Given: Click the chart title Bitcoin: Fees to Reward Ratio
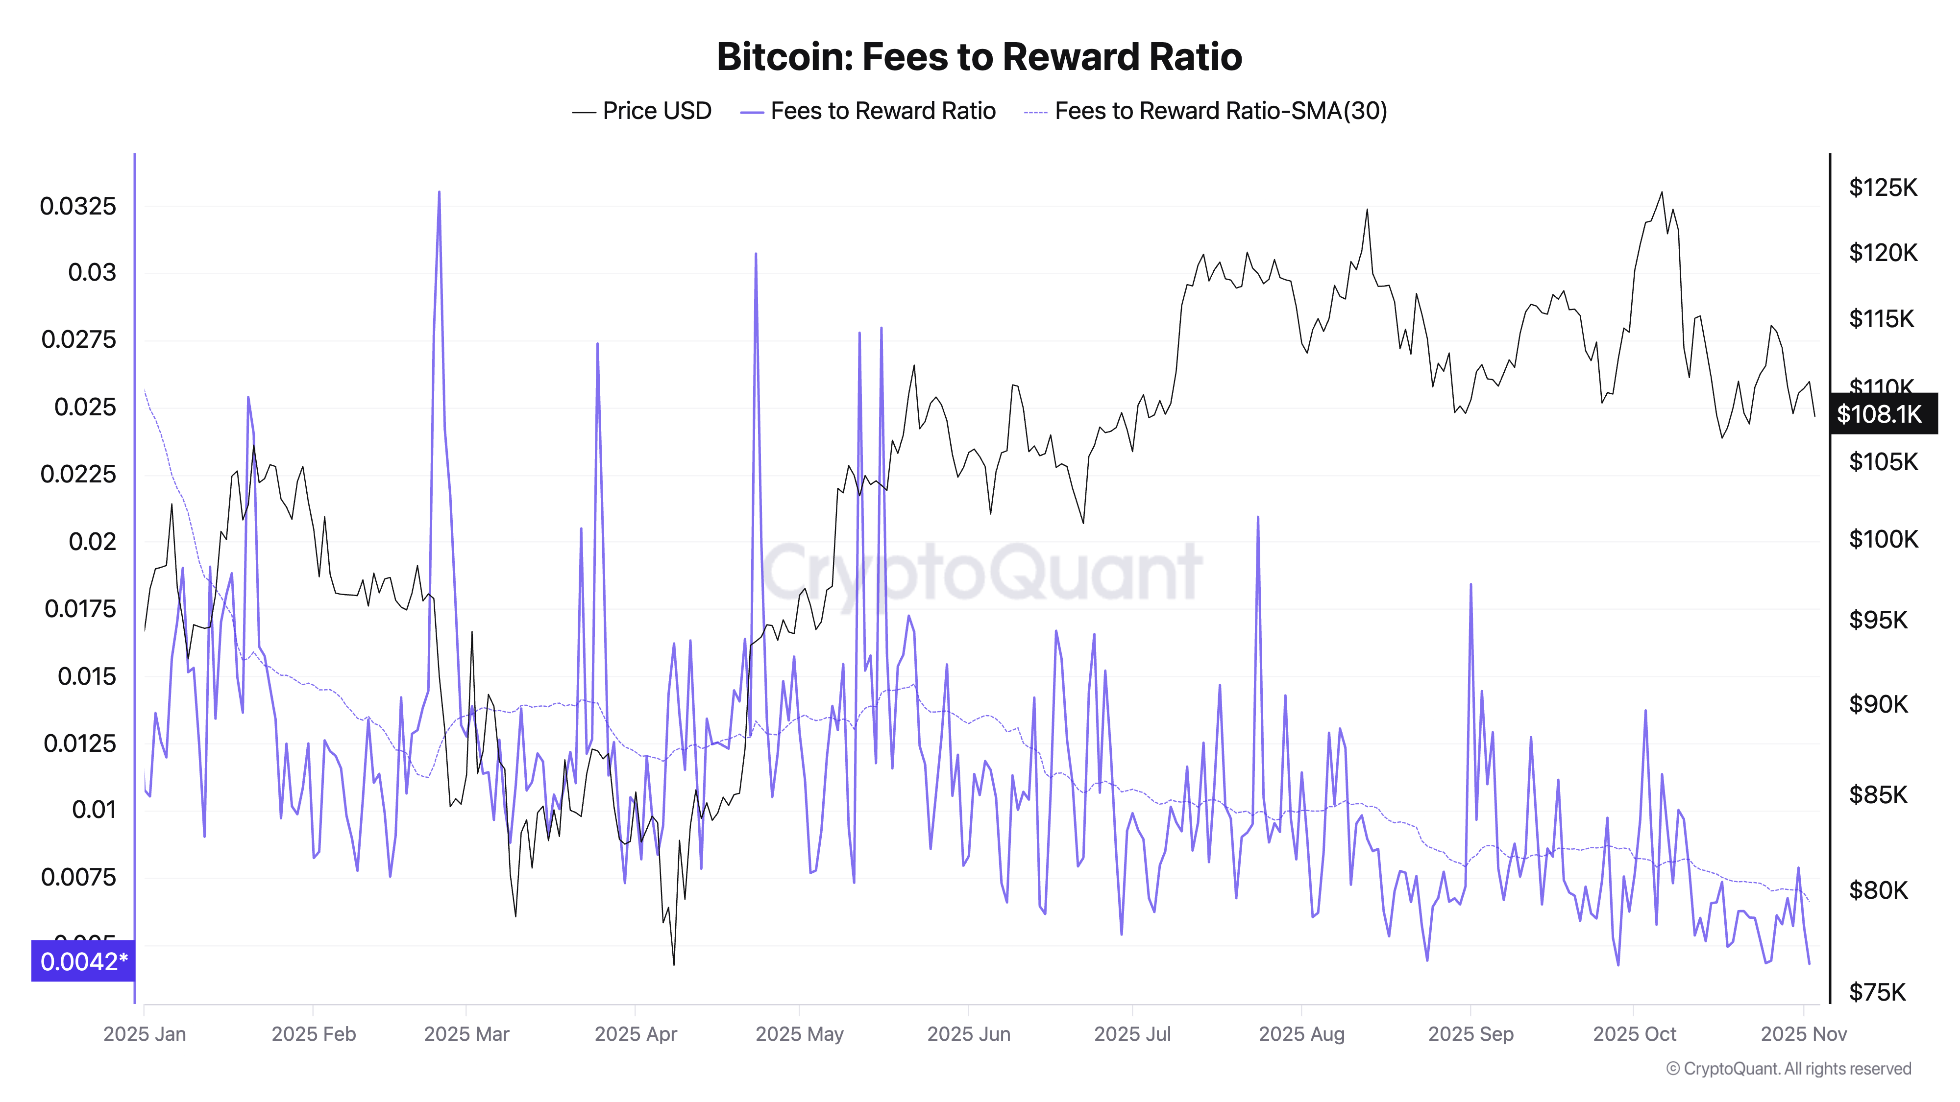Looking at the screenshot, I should click(x=979, y=57).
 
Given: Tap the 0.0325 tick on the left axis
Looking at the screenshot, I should click(x=78, y=206).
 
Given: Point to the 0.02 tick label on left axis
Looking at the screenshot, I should click(x=92, y=542).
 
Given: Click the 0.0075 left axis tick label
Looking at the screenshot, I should click(x=78, y=877).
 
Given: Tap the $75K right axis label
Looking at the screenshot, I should click(x=1877, y=992).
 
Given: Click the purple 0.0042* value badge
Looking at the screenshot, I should click(x=83, y=961).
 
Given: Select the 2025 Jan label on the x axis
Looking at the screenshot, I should click(x=145, y=1033).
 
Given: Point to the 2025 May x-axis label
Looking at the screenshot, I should click(x=799, y=1033).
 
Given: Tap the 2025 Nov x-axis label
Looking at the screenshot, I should click(x=1803, y=1033).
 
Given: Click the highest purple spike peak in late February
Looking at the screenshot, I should click(x=439, y=192).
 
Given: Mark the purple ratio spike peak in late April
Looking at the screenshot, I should click(x=756, y=254).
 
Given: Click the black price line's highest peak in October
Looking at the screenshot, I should click(x=1662, y=192).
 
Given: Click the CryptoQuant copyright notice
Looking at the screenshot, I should click(x=1788, y=1069).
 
